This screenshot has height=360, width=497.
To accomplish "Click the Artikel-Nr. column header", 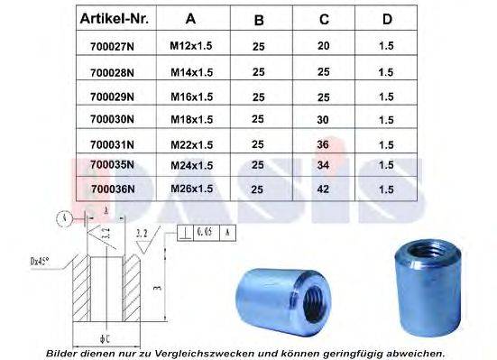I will pos(114,19).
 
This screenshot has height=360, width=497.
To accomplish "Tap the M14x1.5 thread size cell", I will pos(191,70).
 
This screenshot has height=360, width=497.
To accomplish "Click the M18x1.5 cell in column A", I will pos(191,118).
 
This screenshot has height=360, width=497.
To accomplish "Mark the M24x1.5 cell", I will pos(191,165).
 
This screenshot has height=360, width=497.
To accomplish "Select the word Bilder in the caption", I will pos(64,353).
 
